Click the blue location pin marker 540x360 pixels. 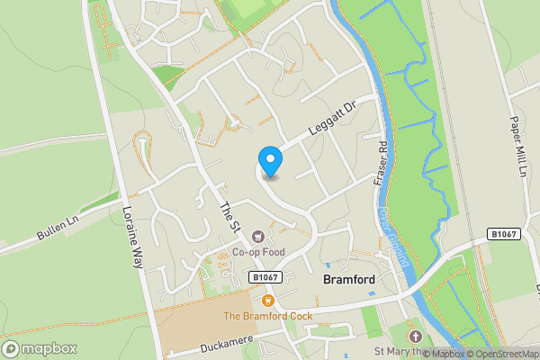[270, 161]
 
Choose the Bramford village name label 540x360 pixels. [348, 280]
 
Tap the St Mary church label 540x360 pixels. [396, 350]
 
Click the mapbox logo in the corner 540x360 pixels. [40, 348]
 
